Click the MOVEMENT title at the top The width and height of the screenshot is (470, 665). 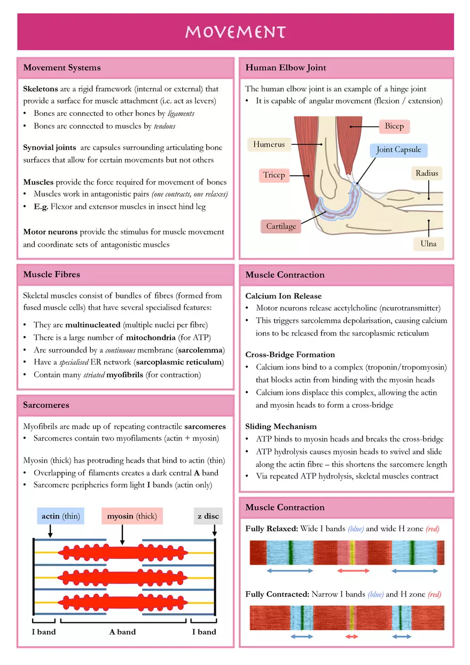(x=236, y=32)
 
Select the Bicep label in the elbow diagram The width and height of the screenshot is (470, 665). (x=394, y=127)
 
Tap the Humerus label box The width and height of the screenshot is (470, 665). (x=269, y=144)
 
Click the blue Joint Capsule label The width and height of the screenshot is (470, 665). (x=398, y=150)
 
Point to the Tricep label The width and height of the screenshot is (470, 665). (x=274, y=175)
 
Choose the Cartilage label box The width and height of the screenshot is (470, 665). (x=281, y=226)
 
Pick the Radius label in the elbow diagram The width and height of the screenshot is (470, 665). (x=427, y=173)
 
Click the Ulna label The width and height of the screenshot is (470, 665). (x=428, y=244)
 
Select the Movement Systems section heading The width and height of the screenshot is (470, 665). (x=62, y=68)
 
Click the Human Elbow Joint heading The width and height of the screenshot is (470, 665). (x=286, y=68)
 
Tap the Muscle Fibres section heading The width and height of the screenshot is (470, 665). (x=51, y=275)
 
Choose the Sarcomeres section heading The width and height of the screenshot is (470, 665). (x=46, y=405)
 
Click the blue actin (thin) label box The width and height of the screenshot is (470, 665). (x=60, y=516)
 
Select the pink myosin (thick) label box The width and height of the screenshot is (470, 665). (x=132, y=516)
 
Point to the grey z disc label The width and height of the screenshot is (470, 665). (x=208, y=516)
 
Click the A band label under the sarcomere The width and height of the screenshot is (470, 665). (x=122, y=632)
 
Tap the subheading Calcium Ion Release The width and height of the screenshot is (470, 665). (x=283, y=296)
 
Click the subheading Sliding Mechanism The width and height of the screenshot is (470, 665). (x=281, y=426)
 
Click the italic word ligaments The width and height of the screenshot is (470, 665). (x=181, y=113)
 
